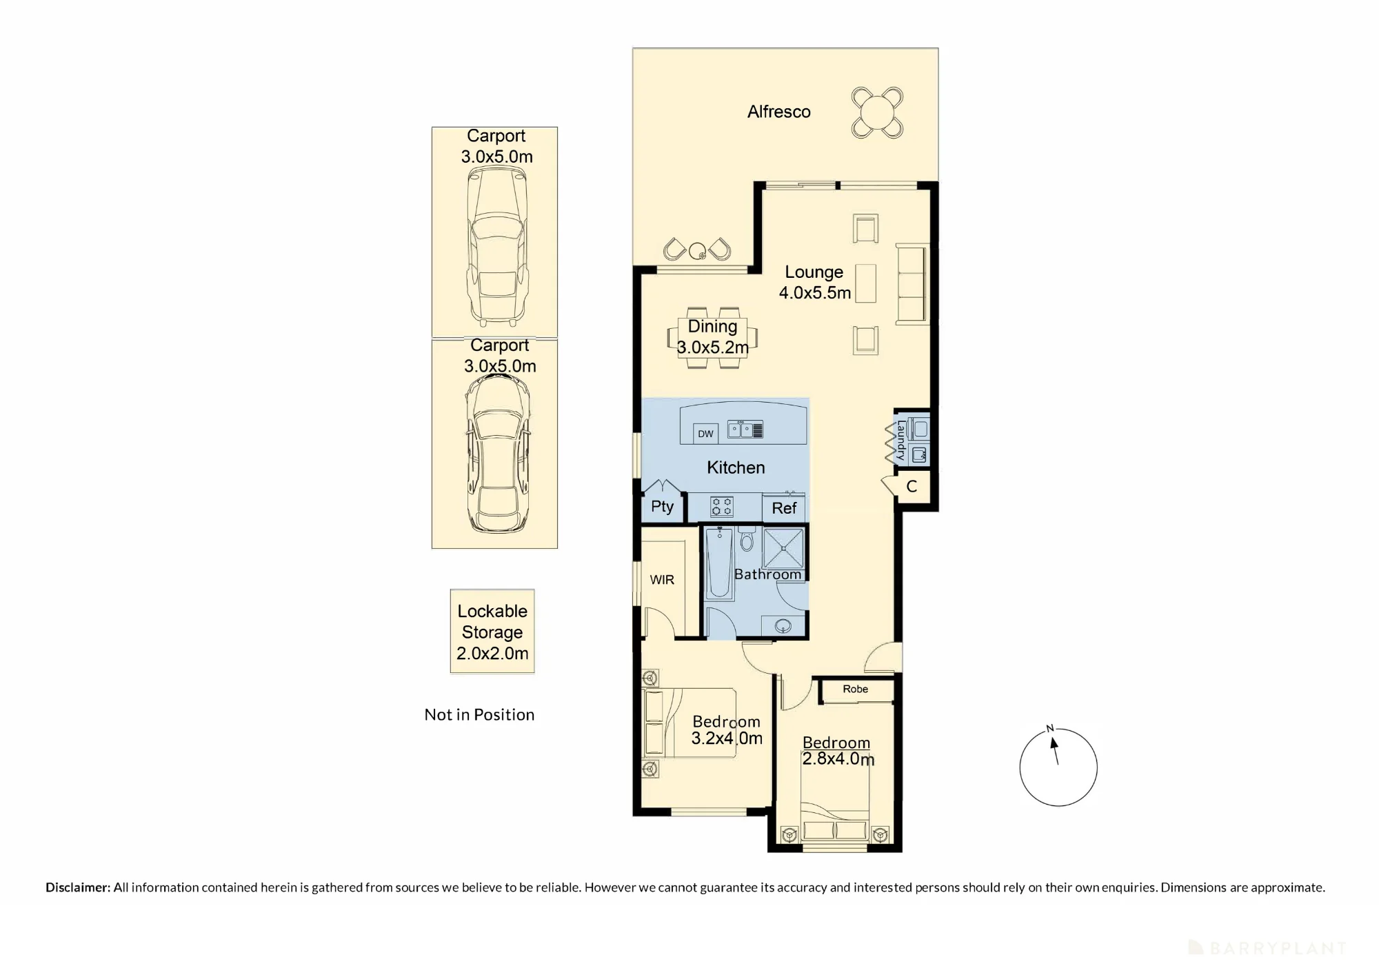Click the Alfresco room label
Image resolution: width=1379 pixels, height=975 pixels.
tap(778, 112)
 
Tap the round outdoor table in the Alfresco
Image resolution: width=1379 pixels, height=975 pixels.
tap(877, 112)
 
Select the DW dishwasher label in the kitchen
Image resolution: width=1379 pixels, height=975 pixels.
tap(705, 434)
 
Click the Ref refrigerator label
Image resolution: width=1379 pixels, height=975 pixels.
tap(784, 508)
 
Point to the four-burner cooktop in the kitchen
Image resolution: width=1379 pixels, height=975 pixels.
tap(722, 507)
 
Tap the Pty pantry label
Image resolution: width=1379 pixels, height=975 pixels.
tap(662, 507)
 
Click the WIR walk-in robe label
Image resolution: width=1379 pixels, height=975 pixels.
tap(662, 580)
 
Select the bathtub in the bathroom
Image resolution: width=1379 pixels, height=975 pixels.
tap(720, 563)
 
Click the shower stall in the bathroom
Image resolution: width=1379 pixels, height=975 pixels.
tap(783, 548)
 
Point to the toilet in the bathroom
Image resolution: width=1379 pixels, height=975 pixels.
tap(747, 539)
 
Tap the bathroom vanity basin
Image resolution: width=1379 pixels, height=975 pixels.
tap(783, 627)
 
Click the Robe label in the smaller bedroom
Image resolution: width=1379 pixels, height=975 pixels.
tap(855, 689)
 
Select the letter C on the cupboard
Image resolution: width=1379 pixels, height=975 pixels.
tap(912, 487)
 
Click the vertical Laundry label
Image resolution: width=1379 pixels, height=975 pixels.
tap(900, 440)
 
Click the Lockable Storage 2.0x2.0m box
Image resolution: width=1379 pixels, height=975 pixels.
tap(492, 631)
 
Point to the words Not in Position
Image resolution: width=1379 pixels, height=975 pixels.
tap(479, 715)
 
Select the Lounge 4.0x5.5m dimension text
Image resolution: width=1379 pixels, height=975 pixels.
tap(815, 293)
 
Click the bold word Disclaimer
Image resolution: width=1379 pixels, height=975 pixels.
tap(78, 887)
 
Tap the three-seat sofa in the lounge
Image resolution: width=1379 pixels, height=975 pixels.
tap(912, 283)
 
